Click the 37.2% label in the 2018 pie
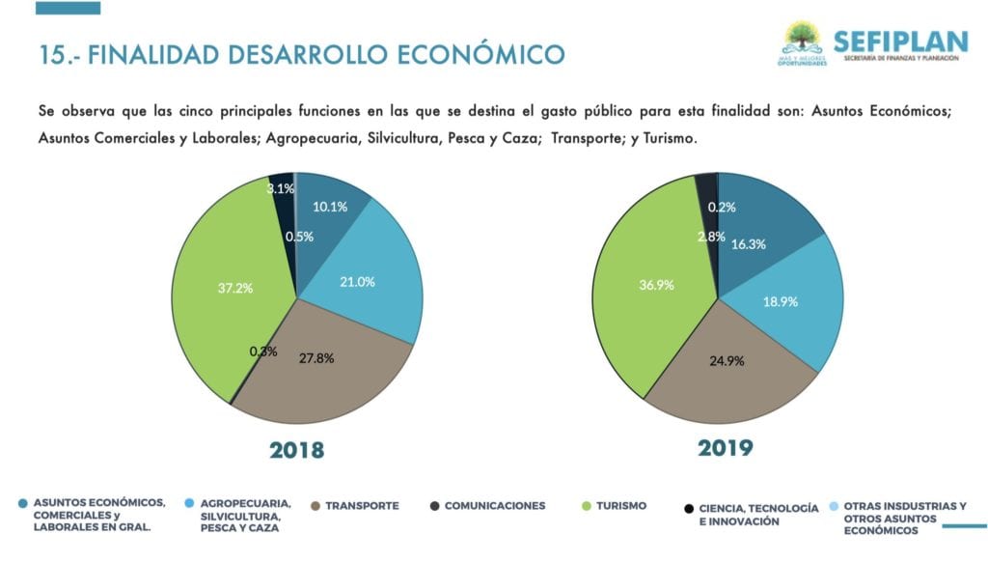click(235, 287)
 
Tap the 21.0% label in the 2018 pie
click(357, 282)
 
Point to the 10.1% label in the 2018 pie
click(330, 206)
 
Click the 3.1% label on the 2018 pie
click(280, 188)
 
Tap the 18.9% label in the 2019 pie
click(782, 301)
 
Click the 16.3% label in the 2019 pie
click(749, 244)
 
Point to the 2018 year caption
click(296, 450)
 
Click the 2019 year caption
click(725, 448)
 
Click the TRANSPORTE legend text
click(362, 506)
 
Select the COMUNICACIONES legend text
click(494, 506)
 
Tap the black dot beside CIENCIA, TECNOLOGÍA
click(688, 508)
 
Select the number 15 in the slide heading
click(51, 53)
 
